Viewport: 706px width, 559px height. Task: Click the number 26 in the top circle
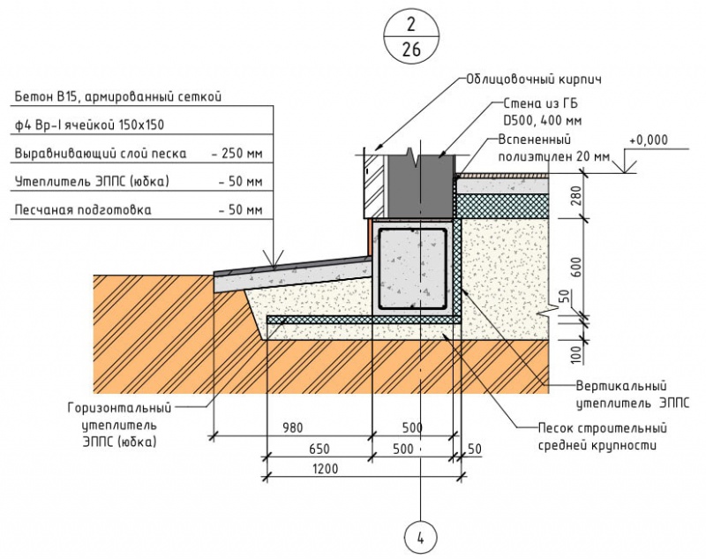click(x=411, y=49)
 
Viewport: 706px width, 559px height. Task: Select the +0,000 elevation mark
click(x=649, y=140)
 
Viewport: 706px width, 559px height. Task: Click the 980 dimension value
click(x=292, y=428)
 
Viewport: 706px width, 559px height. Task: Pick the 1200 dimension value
click(x=326, y=468)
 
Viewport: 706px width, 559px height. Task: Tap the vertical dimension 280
click(x=577, y=195)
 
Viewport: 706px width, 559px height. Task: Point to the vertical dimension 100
click(x=577, y=355)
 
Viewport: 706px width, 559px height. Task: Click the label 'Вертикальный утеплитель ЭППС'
click(x=620, y=393)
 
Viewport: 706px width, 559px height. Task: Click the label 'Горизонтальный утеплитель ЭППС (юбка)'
click(x=117, y=423)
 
